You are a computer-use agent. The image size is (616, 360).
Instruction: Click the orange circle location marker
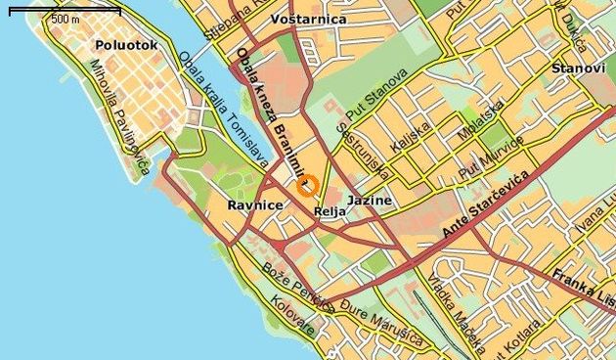306,186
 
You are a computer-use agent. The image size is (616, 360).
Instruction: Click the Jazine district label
370,201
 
